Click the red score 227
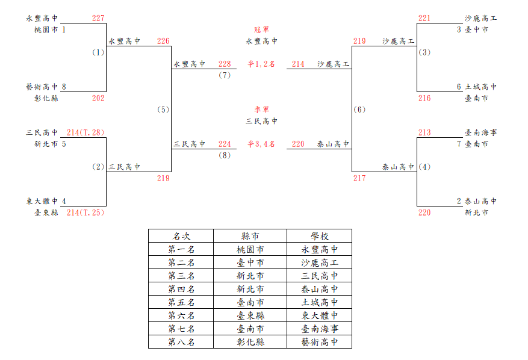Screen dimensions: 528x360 98,18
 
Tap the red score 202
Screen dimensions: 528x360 98,98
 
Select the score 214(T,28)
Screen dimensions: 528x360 85,132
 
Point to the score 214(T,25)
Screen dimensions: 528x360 85,213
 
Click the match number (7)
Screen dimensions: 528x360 225,75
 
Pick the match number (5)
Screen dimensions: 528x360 163,110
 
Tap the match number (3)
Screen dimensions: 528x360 424,52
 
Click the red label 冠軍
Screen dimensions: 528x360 262,29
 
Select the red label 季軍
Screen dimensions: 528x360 262,110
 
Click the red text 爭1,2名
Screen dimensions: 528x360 261,64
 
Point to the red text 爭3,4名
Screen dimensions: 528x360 261,144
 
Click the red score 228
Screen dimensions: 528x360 225,64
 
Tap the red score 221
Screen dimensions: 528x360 424,18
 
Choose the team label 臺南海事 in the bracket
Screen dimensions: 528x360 481,132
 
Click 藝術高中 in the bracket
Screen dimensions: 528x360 42,87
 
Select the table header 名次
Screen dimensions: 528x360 181,236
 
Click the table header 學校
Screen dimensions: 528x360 320,236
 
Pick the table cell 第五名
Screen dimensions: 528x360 181,302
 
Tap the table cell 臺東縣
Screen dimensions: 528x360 250,315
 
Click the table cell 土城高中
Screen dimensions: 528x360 320,302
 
